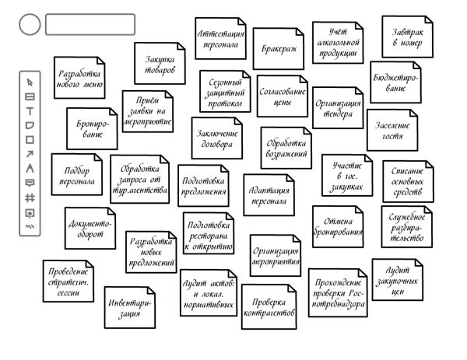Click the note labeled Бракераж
click(x=279, y=49)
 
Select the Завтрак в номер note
click(x=407, y=37)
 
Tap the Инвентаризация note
click(x=130, y=308)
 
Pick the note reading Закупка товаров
click(x=160, y=64)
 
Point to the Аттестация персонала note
click(x=221, y=38)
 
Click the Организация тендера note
click(x=338, y=108)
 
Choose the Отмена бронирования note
click(x=338, y=226)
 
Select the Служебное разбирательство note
click(x=407, y=227)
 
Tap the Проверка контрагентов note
click(x=269, y=307)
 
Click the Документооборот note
click(x=90, y=228)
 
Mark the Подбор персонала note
click(x=77, y=175)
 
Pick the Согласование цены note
click(x=283, y=96)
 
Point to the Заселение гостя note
click(x=392, y=130)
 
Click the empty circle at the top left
click(x=30, y=24)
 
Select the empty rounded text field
click(x=90, y=24)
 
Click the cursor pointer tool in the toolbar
click(x=30, y=82)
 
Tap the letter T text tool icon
click(x=30, y=111)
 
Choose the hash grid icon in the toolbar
click(x=30, y=197)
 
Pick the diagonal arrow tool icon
click(x=30, y=154)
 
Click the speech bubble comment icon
click(x=30, y=183)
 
